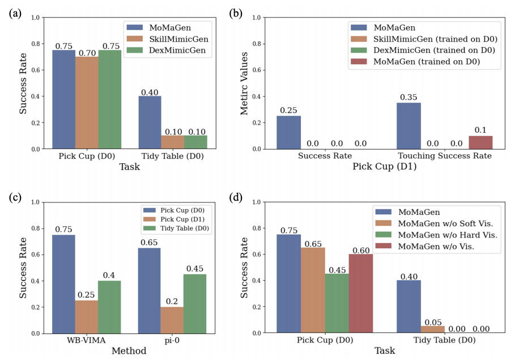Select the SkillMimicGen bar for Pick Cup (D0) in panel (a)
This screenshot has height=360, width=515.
click(x=87, y=103)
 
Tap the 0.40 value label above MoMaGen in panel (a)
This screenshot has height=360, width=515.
click(x=150, y=92)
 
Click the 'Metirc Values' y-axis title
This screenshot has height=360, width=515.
click(x=245, y=83)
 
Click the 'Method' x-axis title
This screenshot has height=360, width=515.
click(x=129, y=351)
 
